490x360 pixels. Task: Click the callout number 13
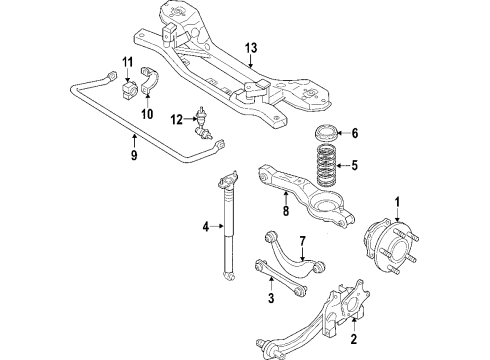pos(251,48)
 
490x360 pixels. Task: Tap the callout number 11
pos(127,62)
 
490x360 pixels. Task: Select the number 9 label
pos(134,155)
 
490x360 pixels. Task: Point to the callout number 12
pos(177,119)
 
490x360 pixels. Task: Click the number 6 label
pos(355,133)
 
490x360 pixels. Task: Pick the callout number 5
pos(354,165)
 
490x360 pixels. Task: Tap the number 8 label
pos(286,211)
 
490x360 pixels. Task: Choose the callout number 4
pos(206,227)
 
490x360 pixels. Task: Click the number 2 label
pos(354,339)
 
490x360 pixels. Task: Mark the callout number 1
pos(397,202)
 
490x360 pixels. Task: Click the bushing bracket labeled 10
pos(148,81)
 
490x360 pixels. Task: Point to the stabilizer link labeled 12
pos(203,123)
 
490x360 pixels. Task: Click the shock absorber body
pos(228,225)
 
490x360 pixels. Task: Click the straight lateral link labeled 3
pos(280,277)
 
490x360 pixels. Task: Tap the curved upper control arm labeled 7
pos(294,253)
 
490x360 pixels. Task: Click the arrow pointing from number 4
pos(217,226)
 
